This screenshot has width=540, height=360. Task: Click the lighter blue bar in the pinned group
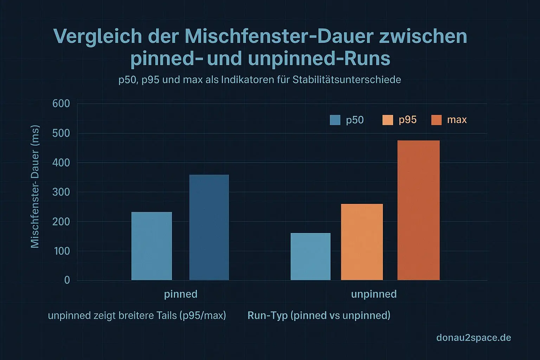[x=152, y=246]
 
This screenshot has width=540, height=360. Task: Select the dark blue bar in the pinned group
[x=209, y=227]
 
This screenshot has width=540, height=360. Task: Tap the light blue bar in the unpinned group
[x=310, y=256]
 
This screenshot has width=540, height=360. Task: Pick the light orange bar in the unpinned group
[x=362, y=242]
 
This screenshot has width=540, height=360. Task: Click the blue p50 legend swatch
[x=335, y=120]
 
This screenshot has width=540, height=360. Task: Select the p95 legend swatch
[x=387, y=120]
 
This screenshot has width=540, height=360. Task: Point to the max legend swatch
[x=436, y=120]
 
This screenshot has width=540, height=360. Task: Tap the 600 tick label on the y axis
[x=61, y=104]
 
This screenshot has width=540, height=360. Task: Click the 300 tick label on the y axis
[x=61, y=192]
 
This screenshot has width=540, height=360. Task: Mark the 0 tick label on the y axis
[x=67, y=280]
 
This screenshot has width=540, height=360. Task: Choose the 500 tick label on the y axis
[x=61, y=133]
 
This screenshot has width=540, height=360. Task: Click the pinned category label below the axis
[x=181, y=294]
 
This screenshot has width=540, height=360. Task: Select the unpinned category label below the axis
[x=374, y=294]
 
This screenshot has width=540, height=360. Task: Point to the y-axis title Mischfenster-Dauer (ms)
[x=35, y=187]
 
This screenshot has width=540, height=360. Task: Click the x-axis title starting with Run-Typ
[x=319, y=315]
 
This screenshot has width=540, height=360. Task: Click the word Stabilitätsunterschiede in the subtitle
[x=347, y=80]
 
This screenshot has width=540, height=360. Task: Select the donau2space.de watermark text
[x=474, y=338]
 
